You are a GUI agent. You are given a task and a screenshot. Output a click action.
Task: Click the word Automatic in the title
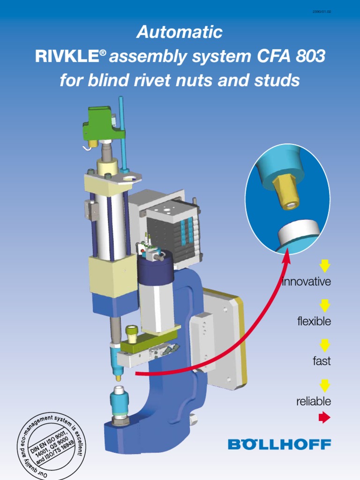tap(180, 32)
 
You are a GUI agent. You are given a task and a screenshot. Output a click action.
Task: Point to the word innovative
tap(307, 282)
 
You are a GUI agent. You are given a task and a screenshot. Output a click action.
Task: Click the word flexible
tap(314, 322)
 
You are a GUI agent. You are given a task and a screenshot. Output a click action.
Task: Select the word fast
tap(322, 361)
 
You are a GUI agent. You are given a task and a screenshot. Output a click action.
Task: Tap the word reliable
tap(314, 402)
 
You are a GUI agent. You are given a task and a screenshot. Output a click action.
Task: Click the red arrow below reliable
tap(324, 417)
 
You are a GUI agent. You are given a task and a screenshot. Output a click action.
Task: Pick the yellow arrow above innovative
tap(325, 266)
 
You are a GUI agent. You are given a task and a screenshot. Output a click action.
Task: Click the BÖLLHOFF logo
tap(279, 444)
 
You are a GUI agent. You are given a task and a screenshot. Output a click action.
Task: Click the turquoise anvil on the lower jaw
tap(119, 399)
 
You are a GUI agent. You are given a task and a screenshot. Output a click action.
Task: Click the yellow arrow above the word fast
tap(325, 346)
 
